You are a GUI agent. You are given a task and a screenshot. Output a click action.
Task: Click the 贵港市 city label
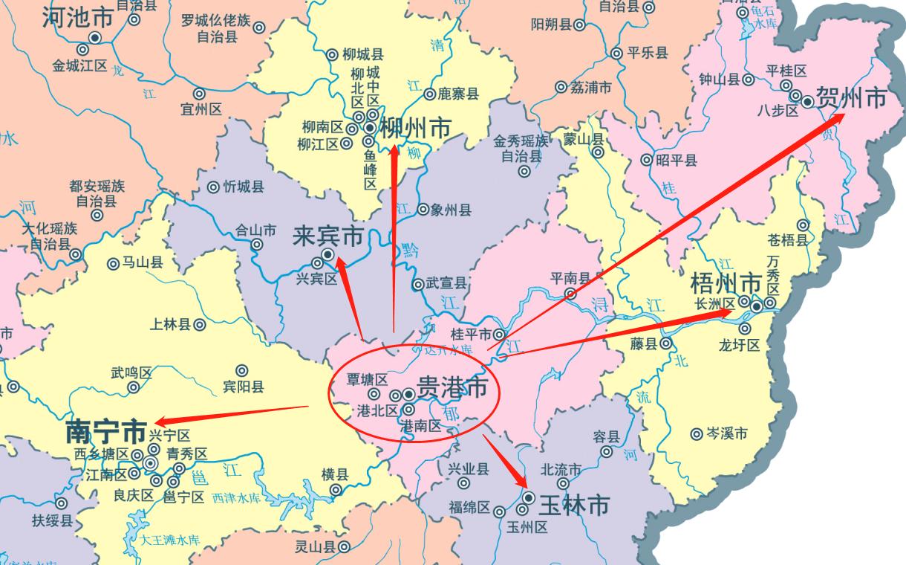453,387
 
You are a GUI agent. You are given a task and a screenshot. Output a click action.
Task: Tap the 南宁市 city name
105,431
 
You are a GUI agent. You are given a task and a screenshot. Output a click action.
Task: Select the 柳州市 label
415,127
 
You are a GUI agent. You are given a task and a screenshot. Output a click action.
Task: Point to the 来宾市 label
327,236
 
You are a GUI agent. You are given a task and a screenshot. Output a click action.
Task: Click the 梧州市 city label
726,283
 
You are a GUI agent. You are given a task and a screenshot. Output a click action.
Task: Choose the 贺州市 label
851,97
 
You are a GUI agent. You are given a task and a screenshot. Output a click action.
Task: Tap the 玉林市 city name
573,506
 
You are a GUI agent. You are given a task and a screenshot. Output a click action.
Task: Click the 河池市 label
77,16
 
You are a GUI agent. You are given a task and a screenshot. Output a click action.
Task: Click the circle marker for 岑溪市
697,434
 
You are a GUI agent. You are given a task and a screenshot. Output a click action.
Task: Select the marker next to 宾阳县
241,370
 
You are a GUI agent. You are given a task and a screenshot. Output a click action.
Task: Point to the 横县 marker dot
336,489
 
